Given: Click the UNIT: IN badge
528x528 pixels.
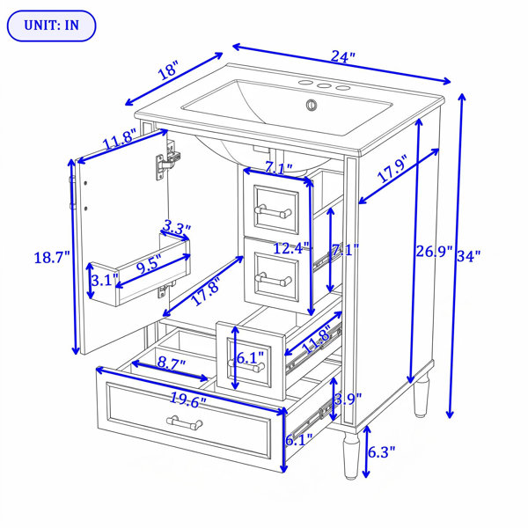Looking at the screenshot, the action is [52, 26].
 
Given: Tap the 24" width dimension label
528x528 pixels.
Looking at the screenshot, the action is [342, 56].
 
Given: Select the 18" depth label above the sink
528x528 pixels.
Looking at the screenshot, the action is [167, 70].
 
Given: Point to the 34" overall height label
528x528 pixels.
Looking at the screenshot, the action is [468, 256].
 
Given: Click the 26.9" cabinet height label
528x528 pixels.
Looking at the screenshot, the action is [433, 251].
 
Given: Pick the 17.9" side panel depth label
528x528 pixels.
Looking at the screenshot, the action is [392, 168].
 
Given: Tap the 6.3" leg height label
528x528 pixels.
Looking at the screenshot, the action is [381, 452].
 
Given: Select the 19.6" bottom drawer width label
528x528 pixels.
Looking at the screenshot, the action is [188, 400].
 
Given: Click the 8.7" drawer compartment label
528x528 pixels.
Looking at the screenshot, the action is [172, 363].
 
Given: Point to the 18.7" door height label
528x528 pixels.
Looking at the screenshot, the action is [52, 258].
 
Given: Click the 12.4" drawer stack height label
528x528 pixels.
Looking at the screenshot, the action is [291, 248].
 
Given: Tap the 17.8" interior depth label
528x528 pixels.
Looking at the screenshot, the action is [207, 290].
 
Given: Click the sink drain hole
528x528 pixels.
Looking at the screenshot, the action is [312, 105].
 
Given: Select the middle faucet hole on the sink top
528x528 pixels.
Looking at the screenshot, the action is [324, 86].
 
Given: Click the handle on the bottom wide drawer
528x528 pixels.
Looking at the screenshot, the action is [185, 422].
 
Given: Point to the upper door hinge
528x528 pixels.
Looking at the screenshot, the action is [168, 160].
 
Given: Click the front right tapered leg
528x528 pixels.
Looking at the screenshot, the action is [351, 456].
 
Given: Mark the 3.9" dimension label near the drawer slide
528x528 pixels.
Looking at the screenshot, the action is [348, 400].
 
